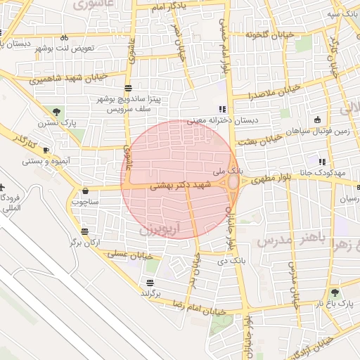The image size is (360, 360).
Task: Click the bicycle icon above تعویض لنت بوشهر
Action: (64, 37)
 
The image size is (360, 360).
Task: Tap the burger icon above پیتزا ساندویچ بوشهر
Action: (128, 88)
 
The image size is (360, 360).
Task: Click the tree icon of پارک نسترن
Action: (56, 111)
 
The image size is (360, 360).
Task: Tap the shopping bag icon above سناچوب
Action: (86, 191)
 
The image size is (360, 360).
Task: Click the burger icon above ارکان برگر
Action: (85, 231)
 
